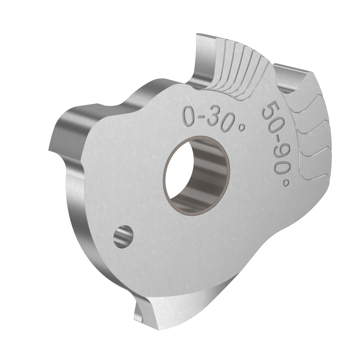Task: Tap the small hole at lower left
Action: (123, 236)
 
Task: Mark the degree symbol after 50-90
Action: (286, 182)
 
